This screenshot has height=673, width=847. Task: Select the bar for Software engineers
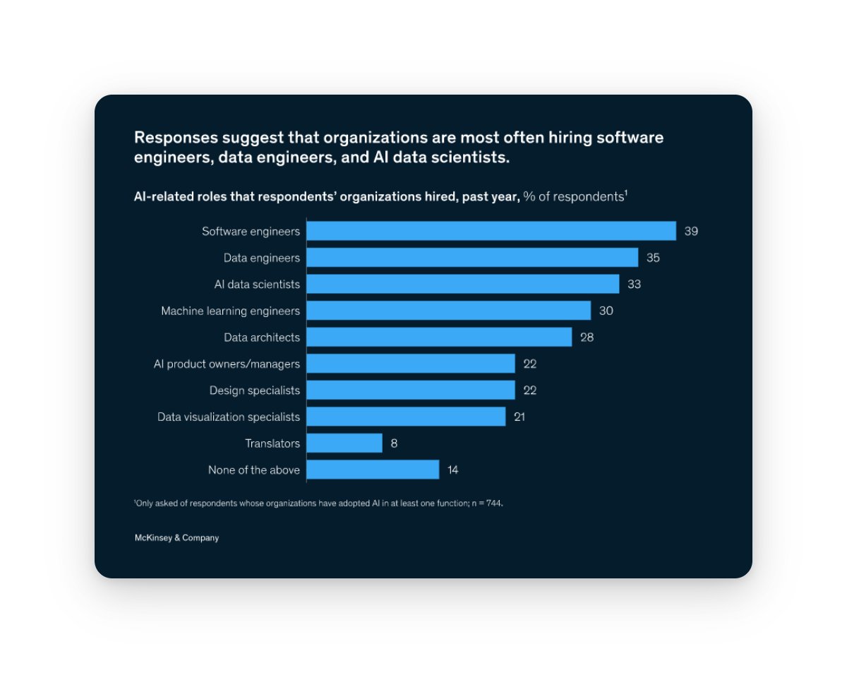(x=491, y=231)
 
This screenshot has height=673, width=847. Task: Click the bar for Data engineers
(x=472, y=258)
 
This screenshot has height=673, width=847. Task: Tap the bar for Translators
(x=344, y=443)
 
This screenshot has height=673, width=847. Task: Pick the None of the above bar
(x=373, y=470)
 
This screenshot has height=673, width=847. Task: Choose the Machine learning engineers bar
(x=449, y=311)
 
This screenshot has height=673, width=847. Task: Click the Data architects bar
(x=439, y=337)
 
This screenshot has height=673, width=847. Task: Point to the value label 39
(x=691, y=231)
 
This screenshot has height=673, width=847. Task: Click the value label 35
(x=653, y=258)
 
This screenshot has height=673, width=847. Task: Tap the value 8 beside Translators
(x=394, y=443)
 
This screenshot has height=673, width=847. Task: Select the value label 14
(x=453, y=470)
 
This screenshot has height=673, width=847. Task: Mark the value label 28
(x=587, y=337)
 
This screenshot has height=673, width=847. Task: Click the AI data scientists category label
(x=257, y=284)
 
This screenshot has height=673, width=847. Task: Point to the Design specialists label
(x=254, y=391)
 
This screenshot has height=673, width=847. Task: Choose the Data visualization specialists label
(x=229, y=417)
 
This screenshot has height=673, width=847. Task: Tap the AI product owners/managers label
(x=227, y=364)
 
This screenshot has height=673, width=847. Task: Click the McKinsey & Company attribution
(x=176, y=538)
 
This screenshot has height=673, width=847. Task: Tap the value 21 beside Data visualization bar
(x=519, y=417)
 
